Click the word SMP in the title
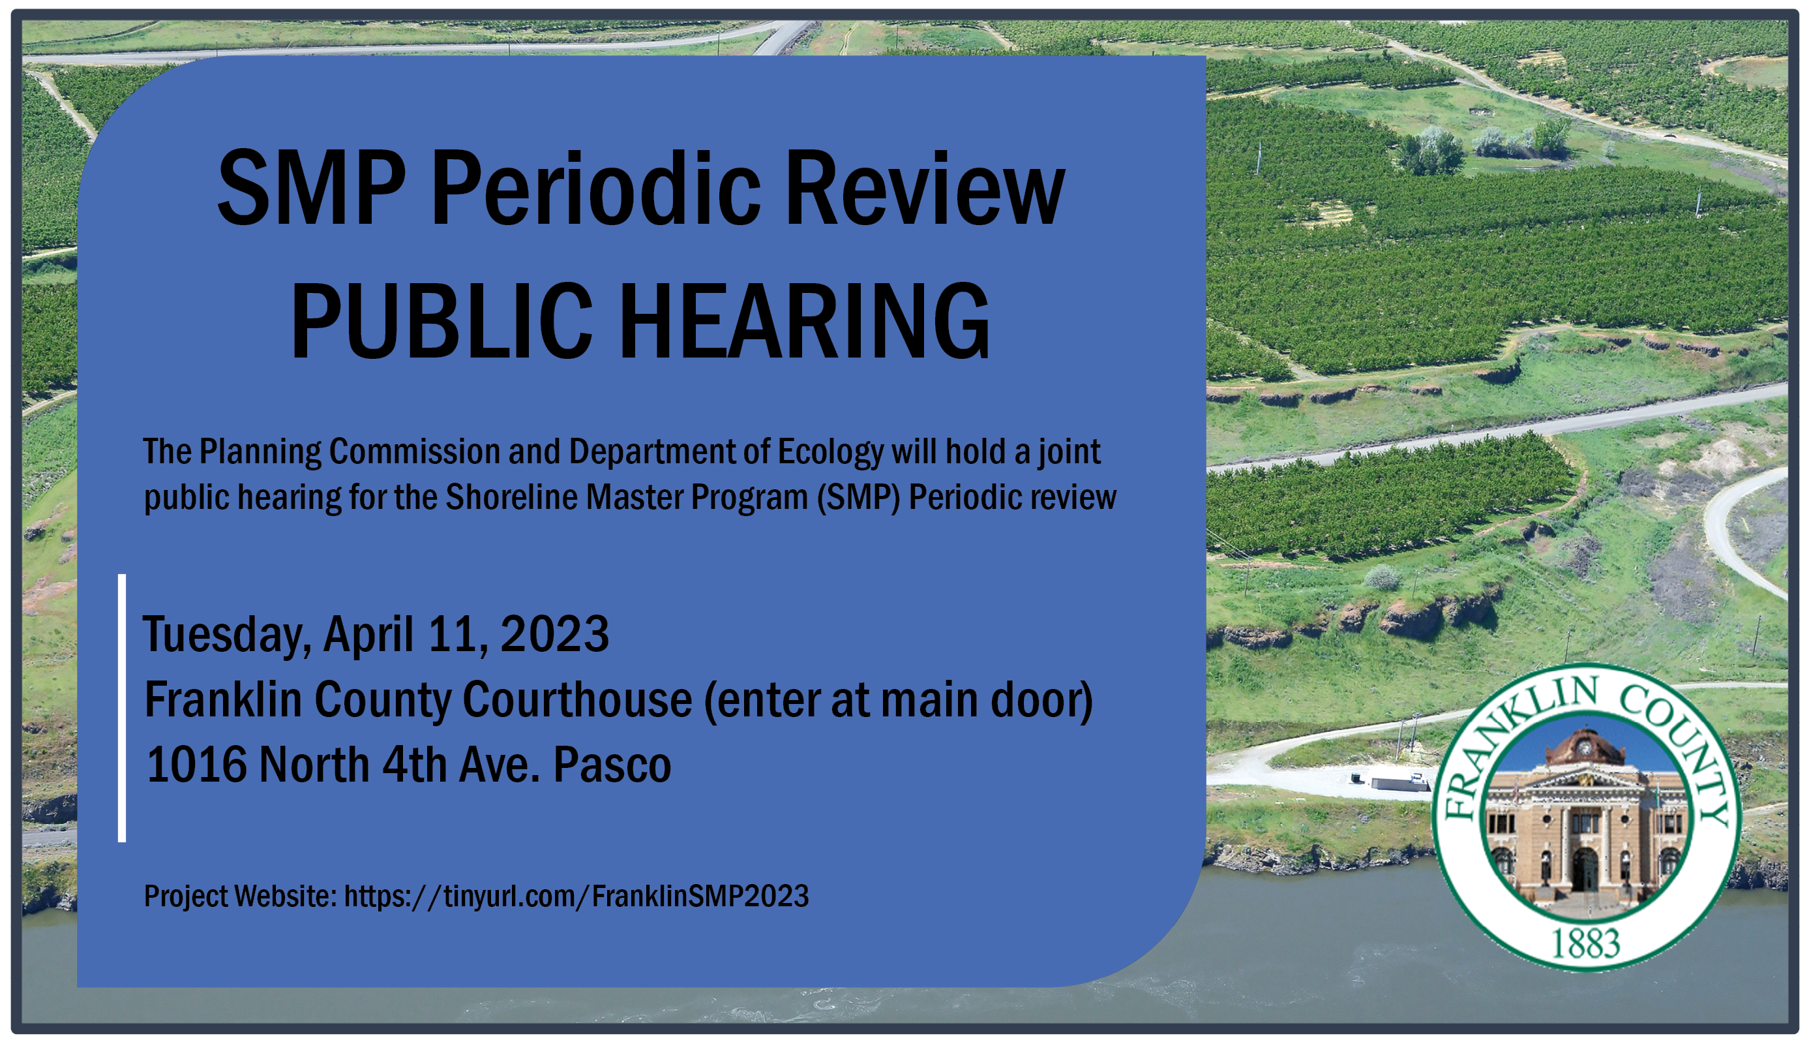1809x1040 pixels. pos(311,188)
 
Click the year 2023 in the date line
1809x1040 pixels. pos(555,634)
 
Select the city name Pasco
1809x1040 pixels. pos(612,764)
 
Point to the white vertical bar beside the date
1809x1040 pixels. pos(122,708)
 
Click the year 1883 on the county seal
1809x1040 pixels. pos(1586,943)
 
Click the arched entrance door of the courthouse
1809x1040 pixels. pos(1584,868)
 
